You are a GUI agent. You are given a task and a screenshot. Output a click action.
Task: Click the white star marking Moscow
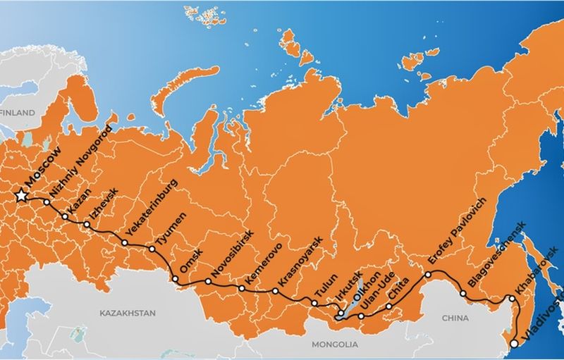tap(21, 194)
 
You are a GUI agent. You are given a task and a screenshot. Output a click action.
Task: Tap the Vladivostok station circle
tap(515, 344)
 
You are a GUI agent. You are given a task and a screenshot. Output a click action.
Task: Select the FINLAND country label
tap(17, 113)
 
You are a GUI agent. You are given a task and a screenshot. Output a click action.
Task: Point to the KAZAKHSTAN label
tap(128, 311)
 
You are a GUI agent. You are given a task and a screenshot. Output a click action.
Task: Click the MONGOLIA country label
tap(335, 345)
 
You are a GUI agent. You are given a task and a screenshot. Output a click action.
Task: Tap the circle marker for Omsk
tap(176, 280)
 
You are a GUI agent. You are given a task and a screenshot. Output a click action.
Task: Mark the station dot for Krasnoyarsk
tap(275, 290)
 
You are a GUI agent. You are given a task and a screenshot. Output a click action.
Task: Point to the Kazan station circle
tap(65, 216)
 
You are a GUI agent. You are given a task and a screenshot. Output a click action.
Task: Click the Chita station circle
tap(388, 307)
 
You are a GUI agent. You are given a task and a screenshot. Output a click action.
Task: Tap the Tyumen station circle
tap(152, 249)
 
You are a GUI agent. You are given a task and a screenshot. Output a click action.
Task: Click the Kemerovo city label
tap(263, 264)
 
